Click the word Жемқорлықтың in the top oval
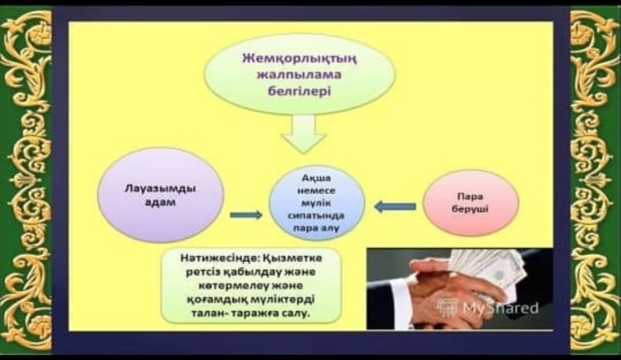coord(299,59)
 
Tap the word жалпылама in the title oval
coord(299,75)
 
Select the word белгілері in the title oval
coord(299,91)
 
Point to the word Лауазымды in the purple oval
coord(160,188)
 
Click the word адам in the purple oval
coord(161,202)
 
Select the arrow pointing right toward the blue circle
coord(246,215)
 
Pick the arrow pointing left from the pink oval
coord(395,206)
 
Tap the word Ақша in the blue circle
coord(316,178)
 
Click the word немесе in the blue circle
coord(316,191)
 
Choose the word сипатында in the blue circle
coord(316,216)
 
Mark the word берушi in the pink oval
coord(470,209)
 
